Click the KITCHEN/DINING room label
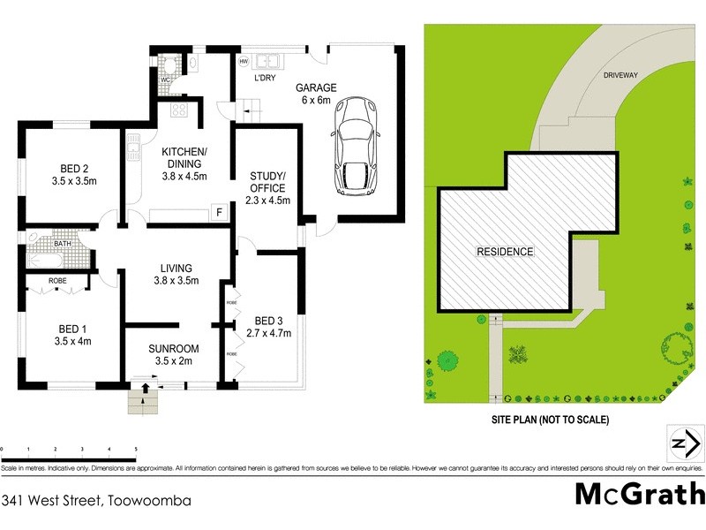pos(184,164)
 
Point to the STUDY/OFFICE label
pos(266,193)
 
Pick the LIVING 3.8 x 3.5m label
pos(176,275)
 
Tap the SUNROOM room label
pos(173,354)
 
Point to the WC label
pos(164,80)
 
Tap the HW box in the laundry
pos(244,61)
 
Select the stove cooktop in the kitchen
pos(180,110)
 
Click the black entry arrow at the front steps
pos(144,389)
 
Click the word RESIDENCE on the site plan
pos(505,252)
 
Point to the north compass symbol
pos(681,443)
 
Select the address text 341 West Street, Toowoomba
pos(96,500)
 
